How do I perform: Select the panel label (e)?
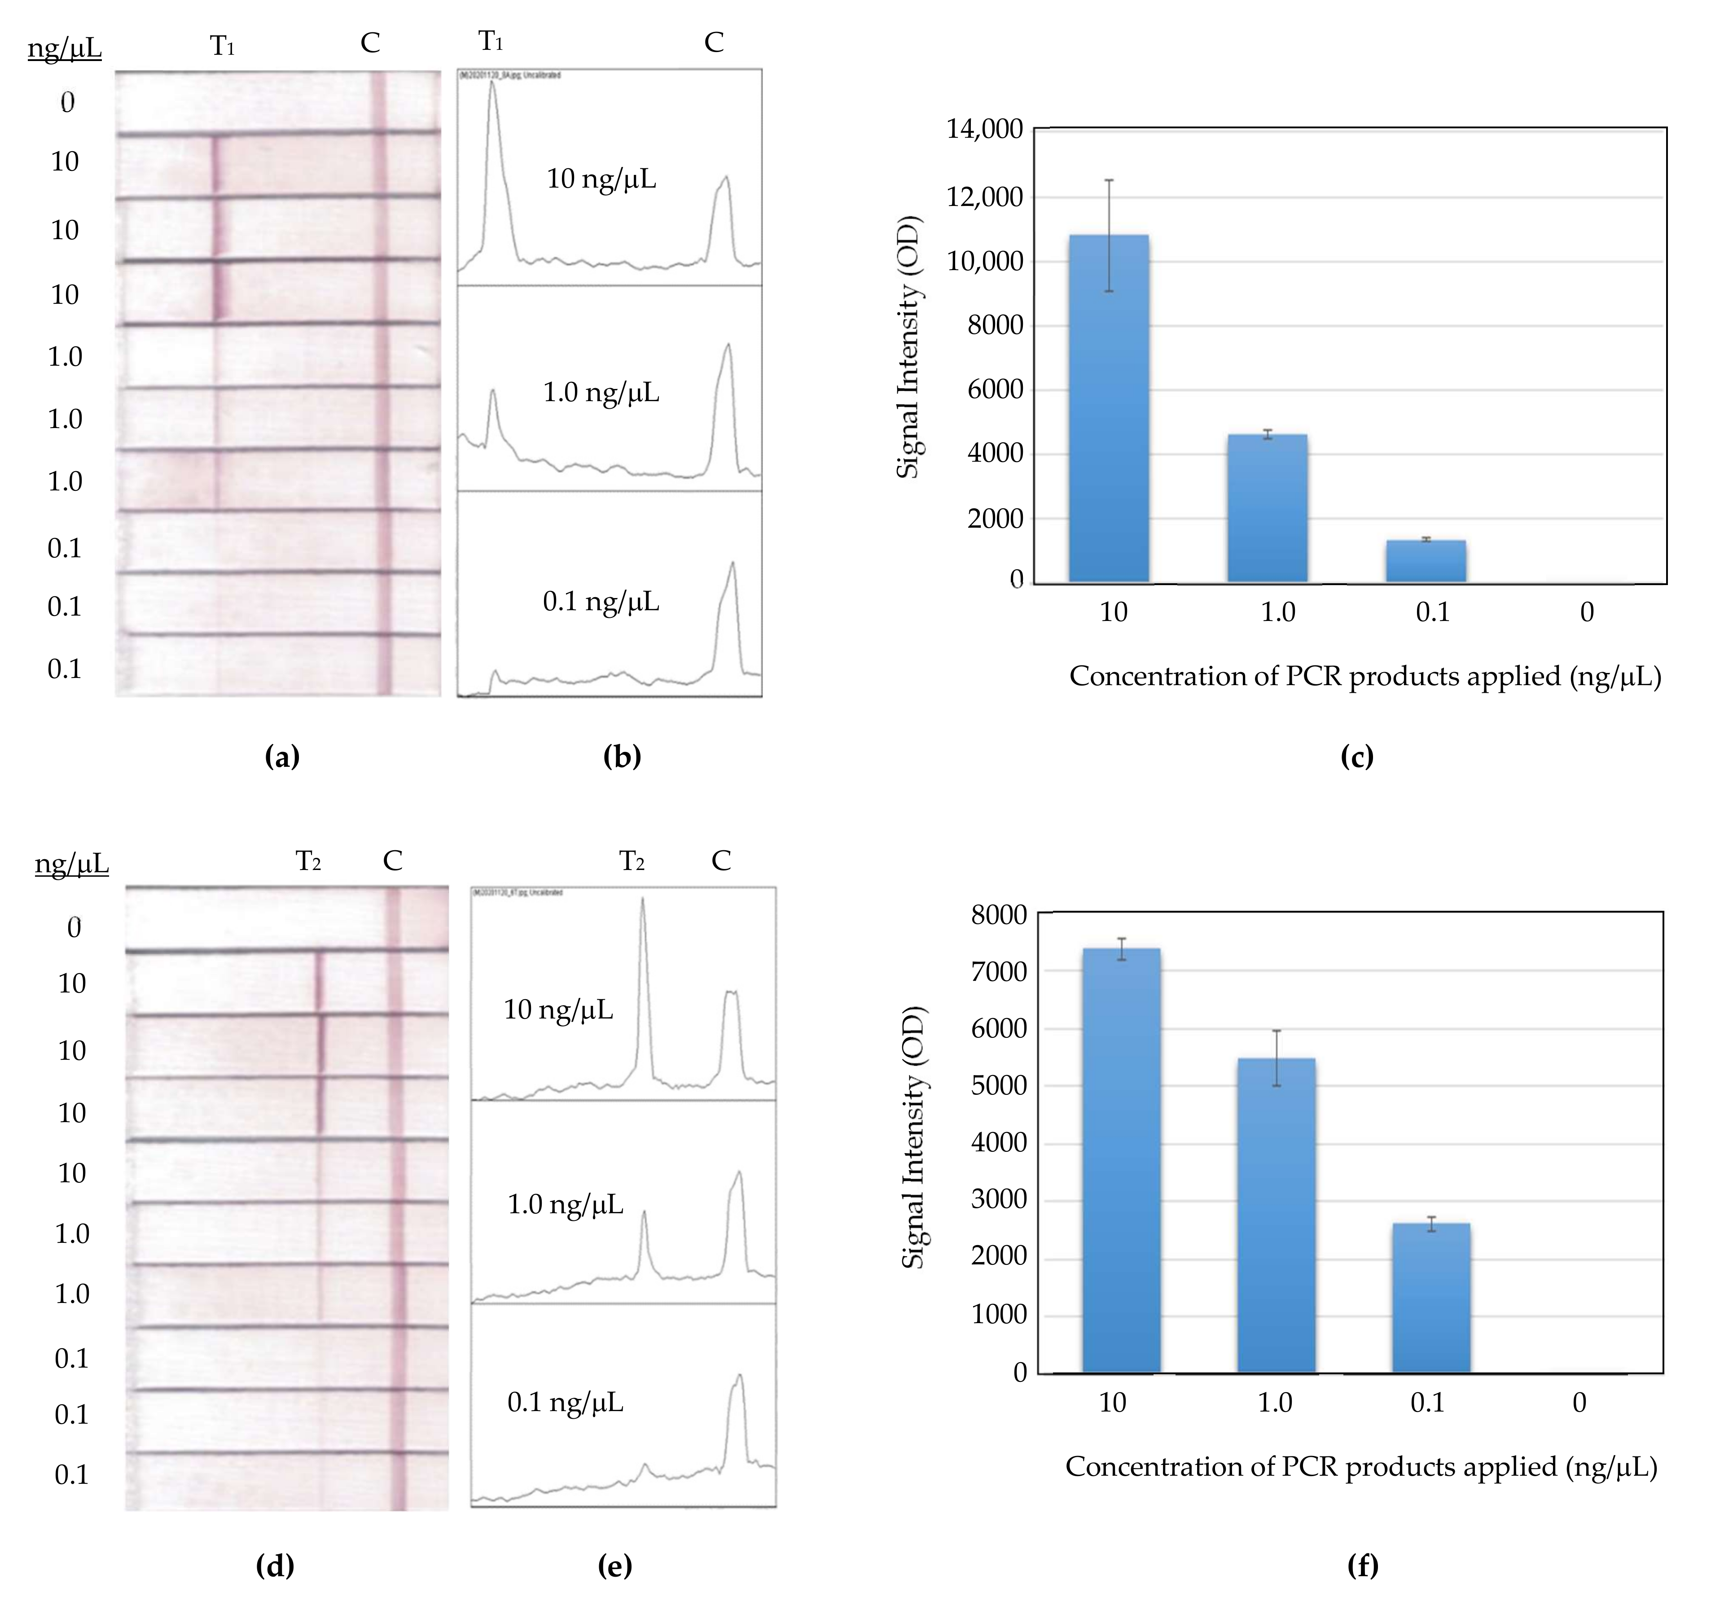[x=614, y=1566]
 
